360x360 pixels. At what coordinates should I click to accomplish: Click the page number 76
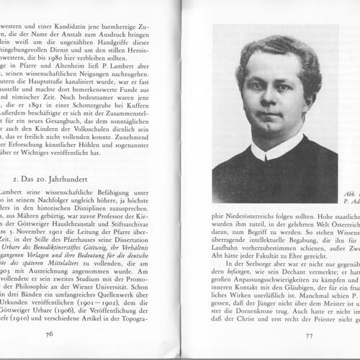click(49, 333)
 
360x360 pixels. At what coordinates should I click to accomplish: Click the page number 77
click(308, 336)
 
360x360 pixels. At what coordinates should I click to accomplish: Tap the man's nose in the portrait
click(269, 100)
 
